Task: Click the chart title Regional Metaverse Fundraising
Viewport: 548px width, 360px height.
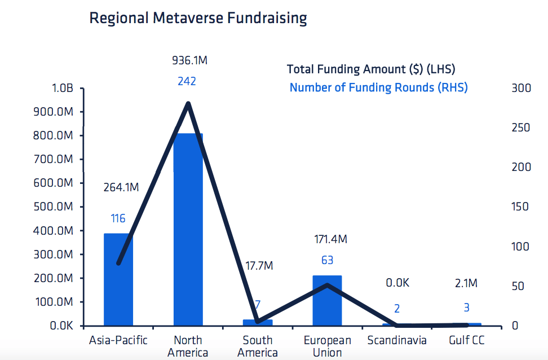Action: (198, 19)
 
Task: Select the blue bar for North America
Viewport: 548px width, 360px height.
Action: (188, 237)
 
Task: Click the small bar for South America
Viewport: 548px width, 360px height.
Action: (258, 323)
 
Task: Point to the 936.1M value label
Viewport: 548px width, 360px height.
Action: (189, 60)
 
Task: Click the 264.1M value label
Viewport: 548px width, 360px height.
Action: (121, 187)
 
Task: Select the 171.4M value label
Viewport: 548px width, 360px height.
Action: (330, 239)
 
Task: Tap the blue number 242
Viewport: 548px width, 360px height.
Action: (187, 81)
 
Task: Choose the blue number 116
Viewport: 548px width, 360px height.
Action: (118, 219)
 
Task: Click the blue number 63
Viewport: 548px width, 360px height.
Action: (327, 260)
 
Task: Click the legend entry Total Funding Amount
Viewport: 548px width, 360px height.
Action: (371, 69)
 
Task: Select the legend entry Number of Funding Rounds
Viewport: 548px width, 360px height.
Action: (378, 87)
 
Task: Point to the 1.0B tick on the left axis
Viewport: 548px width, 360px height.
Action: (63, 89)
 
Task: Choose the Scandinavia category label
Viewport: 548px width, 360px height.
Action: (397, 340)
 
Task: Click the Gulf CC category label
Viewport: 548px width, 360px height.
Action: (466, 340)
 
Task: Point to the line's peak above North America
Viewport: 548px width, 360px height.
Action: (188, 103)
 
